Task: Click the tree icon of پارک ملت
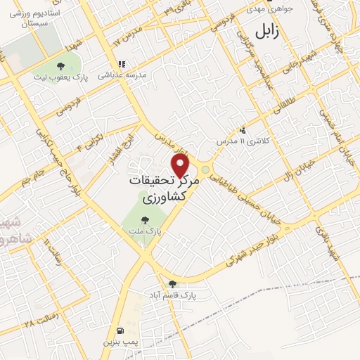pyautogui.click(x=145, y=219)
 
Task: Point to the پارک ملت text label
pyautogui.click(x=145, y=231)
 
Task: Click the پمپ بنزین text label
pyautogui.click(x=117, y=341)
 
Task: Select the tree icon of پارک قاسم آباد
pyautogui.click(x=172, y=284)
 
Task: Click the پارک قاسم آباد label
pyautogui.click(x=172, y=295)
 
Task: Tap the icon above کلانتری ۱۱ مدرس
pyautogui.click(x=243, y=130)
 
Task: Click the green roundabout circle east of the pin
pyautogui.click(x=205, y=169)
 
